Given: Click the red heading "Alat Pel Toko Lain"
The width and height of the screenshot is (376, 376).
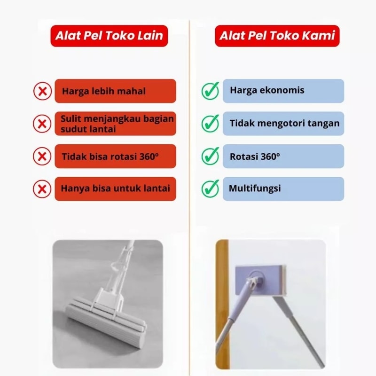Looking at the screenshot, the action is [109, 36].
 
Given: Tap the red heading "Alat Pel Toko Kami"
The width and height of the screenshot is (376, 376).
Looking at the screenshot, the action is [277, 36].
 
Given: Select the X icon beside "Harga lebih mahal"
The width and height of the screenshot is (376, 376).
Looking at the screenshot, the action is [42, 91].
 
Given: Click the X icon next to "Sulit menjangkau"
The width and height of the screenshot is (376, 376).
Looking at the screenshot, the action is [42, 124].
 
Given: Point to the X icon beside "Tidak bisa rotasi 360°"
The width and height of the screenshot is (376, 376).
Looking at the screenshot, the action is [42, 157].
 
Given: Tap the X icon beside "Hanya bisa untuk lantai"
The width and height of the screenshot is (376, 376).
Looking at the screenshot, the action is [42, 189].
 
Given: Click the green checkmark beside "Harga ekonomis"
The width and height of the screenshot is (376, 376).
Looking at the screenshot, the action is [210, 91].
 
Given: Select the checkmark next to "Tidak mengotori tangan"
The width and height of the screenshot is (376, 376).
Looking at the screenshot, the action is [210, 123].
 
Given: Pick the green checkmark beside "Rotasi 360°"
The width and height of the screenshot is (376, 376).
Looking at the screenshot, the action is [210, 156].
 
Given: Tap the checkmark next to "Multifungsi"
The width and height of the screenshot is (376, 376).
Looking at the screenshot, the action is [210, 188].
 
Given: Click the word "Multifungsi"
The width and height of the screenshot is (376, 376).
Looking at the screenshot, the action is [255, 188].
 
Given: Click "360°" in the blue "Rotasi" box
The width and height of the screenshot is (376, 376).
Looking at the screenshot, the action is [270, 157].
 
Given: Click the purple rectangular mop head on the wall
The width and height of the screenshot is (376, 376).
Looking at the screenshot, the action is [260, 280].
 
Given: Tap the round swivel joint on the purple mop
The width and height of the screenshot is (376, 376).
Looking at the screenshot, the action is [256, 278].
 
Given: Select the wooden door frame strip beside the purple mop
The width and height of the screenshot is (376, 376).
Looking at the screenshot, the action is [222, 304].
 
